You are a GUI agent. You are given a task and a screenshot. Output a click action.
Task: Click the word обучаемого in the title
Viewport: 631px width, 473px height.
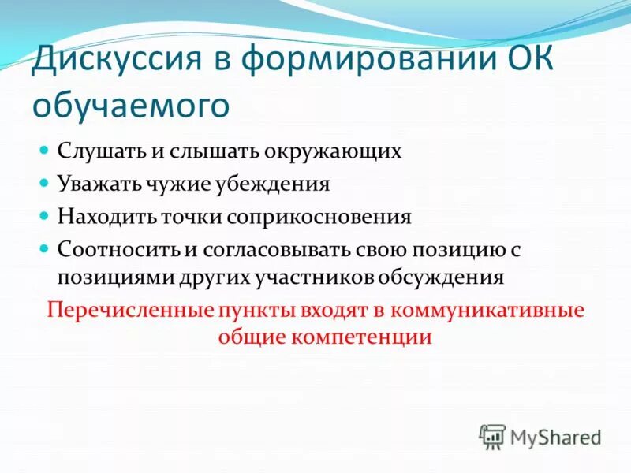[x=130, y=105]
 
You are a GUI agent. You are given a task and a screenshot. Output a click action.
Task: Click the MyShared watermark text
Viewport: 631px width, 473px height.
[x=555, y=436]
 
